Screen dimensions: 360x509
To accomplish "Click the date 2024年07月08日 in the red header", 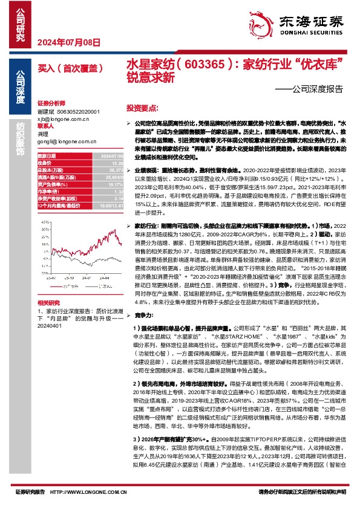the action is [x=68, y=42].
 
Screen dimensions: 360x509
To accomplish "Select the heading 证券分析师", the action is [x=50, y=103].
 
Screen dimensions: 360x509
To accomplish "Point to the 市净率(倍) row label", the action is [x=48, y=192].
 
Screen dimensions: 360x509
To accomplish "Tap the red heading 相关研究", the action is [x=48, y=302].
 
